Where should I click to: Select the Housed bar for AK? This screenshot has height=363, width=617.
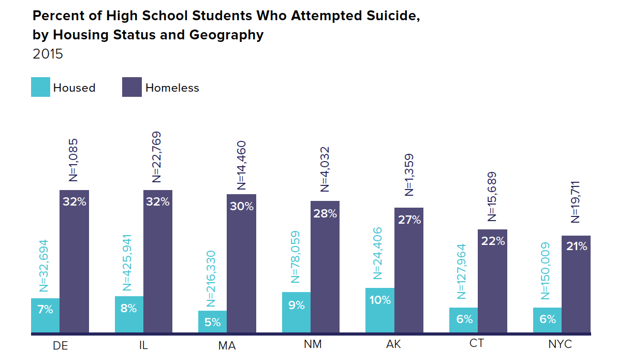(380, 311)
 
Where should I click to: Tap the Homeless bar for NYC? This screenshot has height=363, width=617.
(576, 285)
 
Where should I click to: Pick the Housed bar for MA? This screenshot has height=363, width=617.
(212, 322)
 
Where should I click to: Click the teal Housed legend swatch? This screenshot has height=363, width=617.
(40, 88)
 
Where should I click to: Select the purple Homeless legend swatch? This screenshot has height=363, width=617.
(132, 88)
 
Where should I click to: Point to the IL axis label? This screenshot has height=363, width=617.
(143, 345)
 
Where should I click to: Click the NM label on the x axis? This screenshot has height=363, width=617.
(311, 344)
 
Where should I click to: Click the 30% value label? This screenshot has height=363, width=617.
(242, 206)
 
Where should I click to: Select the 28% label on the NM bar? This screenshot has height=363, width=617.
(325, 213)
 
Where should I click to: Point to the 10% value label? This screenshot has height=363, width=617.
(380, 300)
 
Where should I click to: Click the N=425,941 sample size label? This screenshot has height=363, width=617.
(128, 263)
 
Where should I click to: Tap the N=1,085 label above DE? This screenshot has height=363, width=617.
(74, 159)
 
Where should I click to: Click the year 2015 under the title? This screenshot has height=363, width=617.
(48, 54)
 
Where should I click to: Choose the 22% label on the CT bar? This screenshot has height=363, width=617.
(493, 241)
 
